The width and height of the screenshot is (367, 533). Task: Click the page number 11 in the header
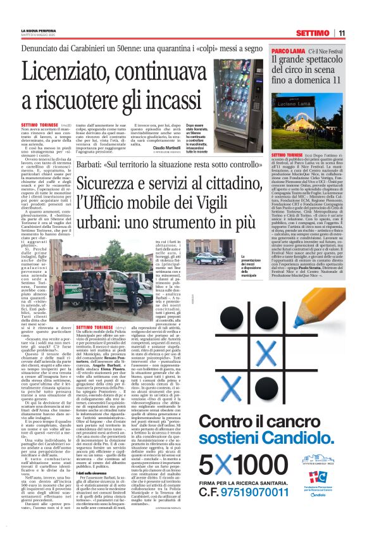(x=359, y=33)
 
